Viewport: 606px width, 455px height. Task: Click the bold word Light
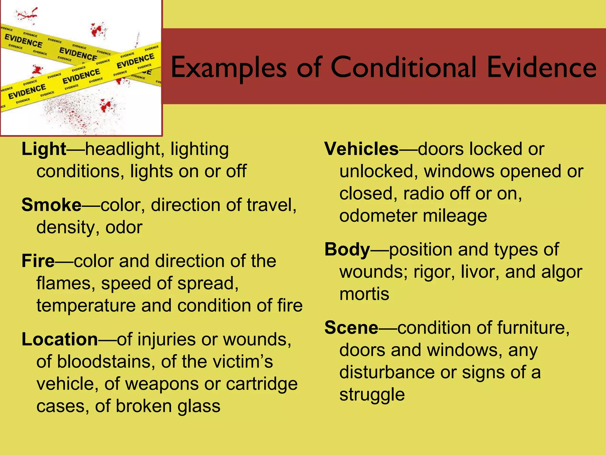click(44, 149)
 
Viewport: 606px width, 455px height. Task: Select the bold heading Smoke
click(51, 205)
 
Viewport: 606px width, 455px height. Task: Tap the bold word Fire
click(38, 261)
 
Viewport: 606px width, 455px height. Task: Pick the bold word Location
click(59, 339)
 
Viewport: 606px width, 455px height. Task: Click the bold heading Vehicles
click(362, 149)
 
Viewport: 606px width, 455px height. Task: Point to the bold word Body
click(347, 250)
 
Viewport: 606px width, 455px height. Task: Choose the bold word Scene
click(351, 328)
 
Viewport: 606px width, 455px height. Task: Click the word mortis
click(364, 294)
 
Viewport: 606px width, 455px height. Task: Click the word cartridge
click(262, 384)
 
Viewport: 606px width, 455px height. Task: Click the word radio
click(423, 194)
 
